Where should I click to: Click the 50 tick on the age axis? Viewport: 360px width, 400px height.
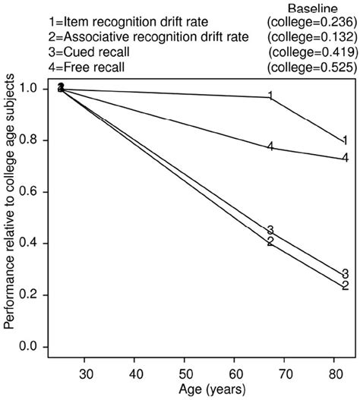(x=184, y=374)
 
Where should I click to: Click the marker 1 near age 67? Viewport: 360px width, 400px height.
(x=270, y=96)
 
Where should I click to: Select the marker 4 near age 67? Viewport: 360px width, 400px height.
(x=270, y=146)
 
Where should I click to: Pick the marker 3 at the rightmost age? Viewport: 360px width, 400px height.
(x=345, y=274)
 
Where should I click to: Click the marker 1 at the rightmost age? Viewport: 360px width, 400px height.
(x=345, y=140)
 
